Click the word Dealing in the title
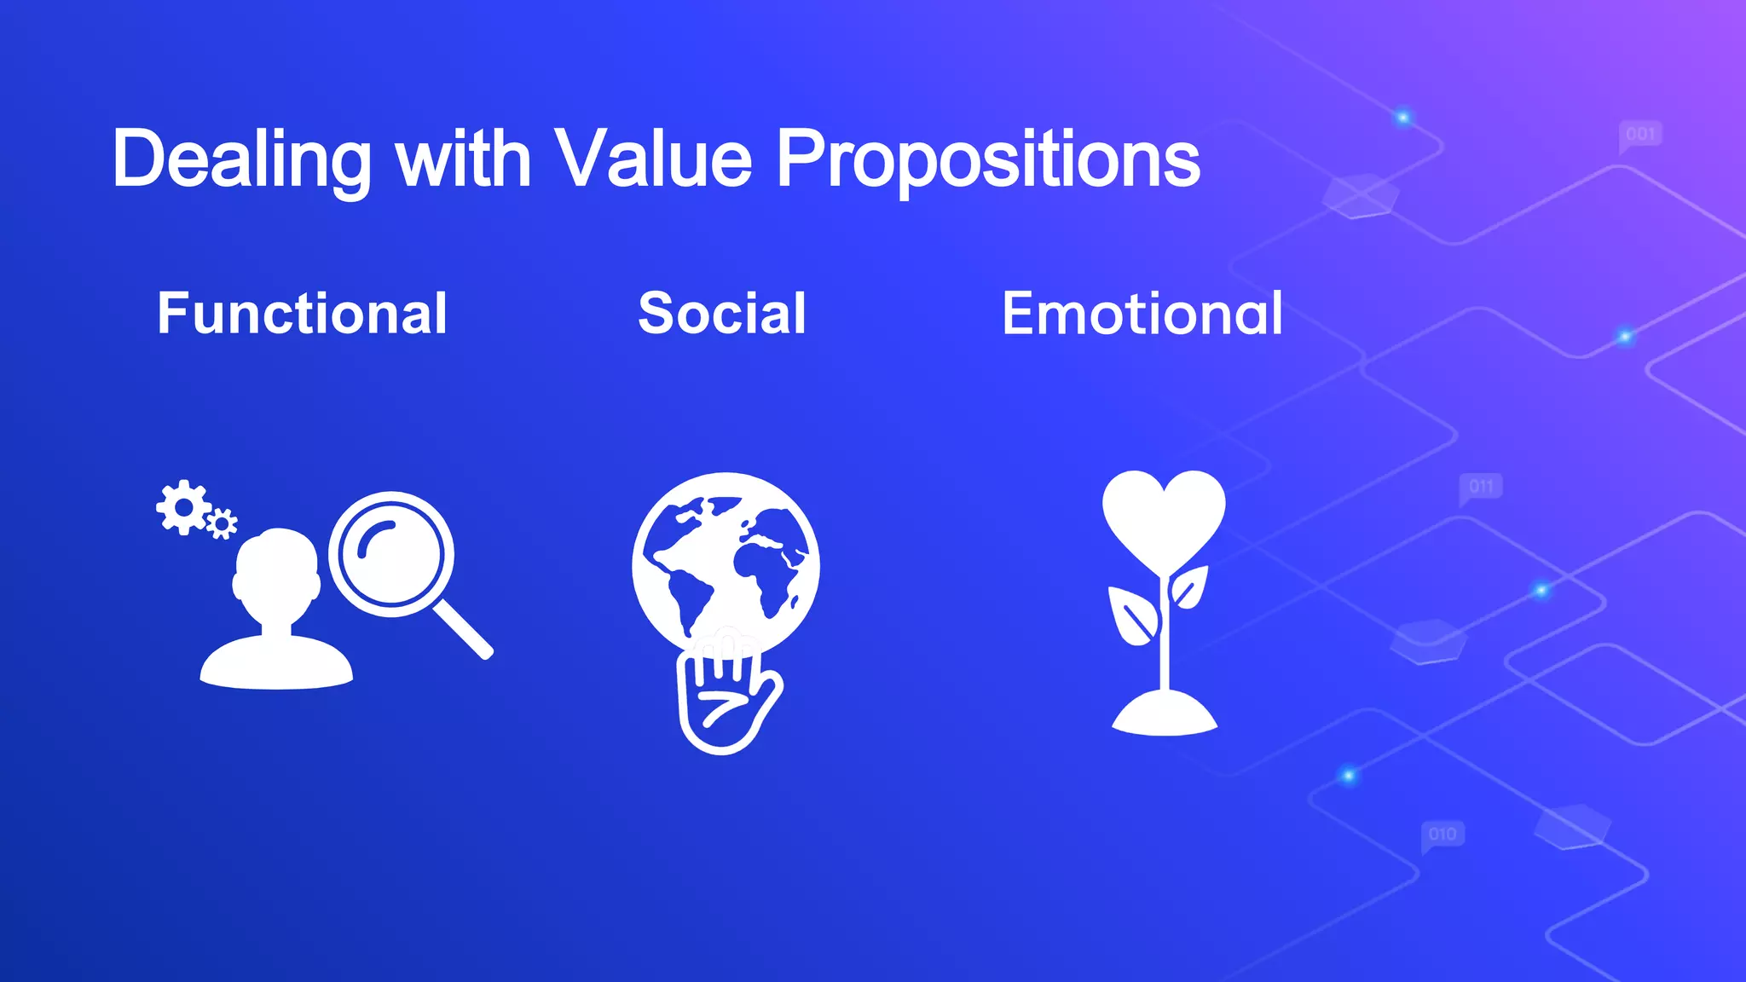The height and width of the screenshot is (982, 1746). (241, 159)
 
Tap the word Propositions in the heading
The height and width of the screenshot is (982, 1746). (988, 159)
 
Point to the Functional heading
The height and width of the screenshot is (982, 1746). (302, 314)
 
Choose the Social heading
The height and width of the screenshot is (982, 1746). (722, 314)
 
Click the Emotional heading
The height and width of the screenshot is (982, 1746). (1142, 314)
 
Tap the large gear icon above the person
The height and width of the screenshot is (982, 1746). (182, 507)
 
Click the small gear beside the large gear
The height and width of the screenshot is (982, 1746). (222, 523)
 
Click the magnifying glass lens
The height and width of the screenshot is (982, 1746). (391, 554)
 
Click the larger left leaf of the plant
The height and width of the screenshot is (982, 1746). (1132, 615)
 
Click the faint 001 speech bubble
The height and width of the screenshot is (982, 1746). (1640, 135)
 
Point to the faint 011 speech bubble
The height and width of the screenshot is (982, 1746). (1481, 487)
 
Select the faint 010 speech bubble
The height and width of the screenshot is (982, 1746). (1442, 834)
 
